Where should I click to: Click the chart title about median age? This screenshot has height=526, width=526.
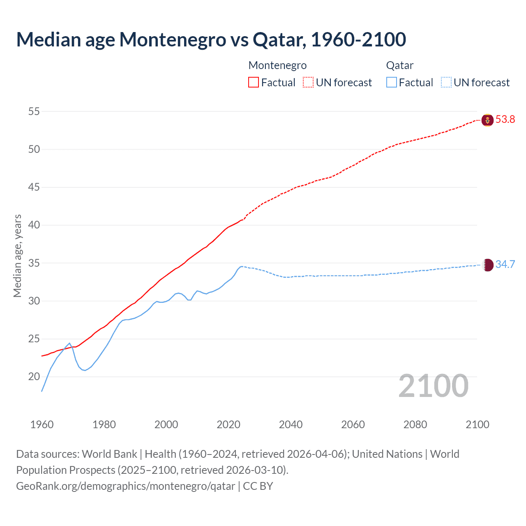pyautogui.click(x=211, y=39)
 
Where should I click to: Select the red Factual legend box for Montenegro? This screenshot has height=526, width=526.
pyautogui.click(x=254, y=83)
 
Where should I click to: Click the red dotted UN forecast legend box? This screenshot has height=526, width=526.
pyautogui.click(x=308, y=83)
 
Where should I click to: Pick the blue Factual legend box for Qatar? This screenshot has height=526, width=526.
pyautogui.click(x=392, y=83)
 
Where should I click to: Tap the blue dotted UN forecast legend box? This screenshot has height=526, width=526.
pyautogui.click(x=446, y=83)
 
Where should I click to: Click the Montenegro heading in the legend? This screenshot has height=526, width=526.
pyautogui.click(x=277, y=65)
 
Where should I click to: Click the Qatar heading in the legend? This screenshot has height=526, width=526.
pyautogui.click(x=399, y=65)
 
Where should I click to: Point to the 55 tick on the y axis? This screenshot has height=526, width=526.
pyautogui.click(x=34, y=111)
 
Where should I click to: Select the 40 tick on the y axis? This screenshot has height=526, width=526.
pyautogui.click(x=34, y=225)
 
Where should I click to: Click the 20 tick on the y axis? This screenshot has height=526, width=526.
pyautogui.click(x=34, y=377)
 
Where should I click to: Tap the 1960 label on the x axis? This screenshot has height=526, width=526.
pyautogui.click(x=42, y=424)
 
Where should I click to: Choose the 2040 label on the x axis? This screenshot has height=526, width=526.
pyautogui.click(x=291, y=424)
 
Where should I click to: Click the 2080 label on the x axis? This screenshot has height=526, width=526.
pyautogui.click(x=415, y=424)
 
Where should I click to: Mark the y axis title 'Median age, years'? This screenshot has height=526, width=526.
pyautogui.click(x=17, y=256)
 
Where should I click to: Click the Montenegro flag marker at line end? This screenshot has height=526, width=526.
pyautogui.click(x=487, y=120)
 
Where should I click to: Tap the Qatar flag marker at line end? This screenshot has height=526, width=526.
pyautogui.click(x=487, y=265)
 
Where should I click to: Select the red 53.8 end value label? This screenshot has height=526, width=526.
pyautogui.click(x=505, y=120)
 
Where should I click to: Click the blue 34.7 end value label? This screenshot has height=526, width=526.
pyautogui.click(x=505, y=265)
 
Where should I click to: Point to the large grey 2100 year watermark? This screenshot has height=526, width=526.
pyautogui.click(x=433, y=386)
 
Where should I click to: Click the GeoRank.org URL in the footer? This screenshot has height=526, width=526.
pyautogui.click(x=125, y=486)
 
